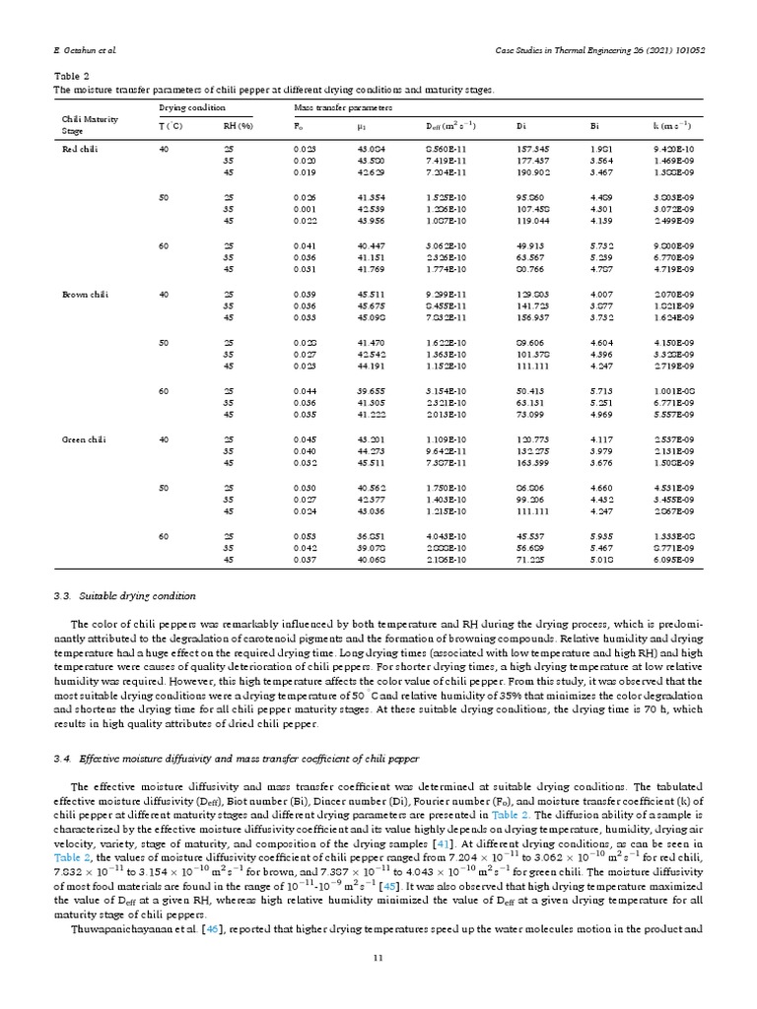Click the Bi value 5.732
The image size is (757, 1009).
pyautogui.click(x=603, y=245)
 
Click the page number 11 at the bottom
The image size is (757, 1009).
pyautogui.click(x=378, y=985)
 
